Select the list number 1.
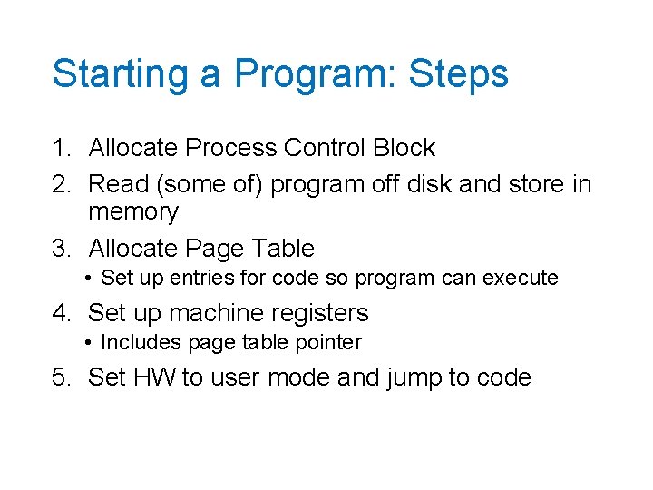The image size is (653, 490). (60, 148)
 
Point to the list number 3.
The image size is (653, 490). (60, 249)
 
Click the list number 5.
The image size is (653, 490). (60, 377)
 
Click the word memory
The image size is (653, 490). (133, 213)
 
